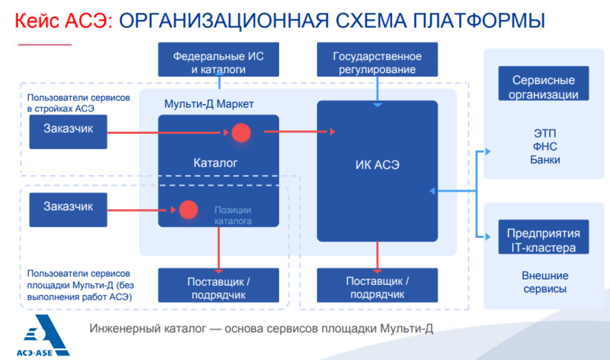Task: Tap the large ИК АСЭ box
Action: coord(377,170)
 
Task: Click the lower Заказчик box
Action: coord(68,208)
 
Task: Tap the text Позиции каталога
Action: coord(233,216)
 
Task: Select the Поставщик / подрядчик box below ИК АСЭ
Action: coord(377,286)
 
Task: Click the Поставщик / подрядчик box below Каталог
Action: coord(218,286)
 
